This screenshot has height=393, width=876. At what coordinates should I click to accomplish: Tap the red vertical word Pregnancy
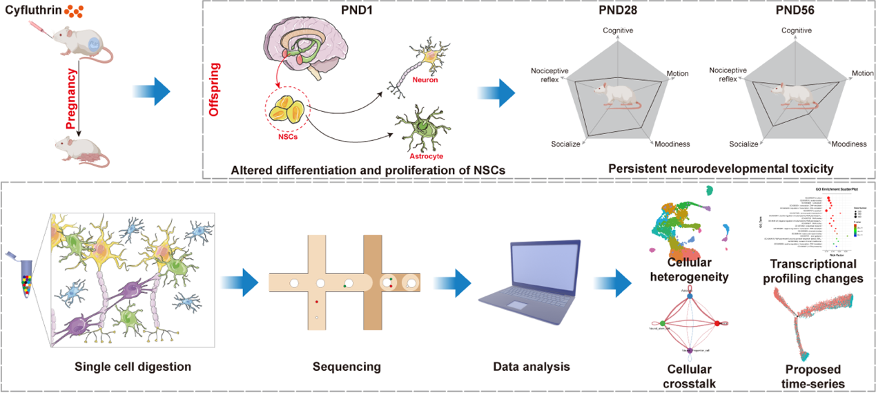point(70,97)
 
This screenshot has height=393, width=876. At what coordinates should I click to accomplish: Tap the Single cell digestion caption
point(133,366)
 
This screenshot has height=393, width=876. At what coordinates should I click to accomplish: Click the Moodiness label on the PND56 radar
point(848,144)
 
